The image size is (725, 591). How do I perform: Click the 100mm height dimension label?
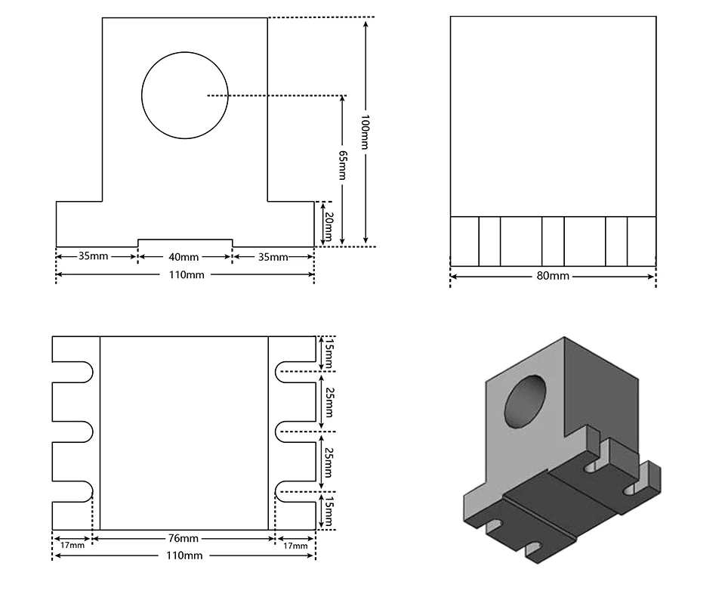coord(365,132)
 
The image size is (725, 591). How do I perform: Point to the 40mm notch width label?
coord(184,256)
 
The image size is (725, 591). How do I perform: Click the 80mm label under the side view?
coord(553,276)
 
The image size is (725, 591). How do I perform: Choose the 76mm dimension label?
coord(184,539)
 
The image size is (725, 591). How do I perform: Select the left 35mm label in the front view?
coord(94,256)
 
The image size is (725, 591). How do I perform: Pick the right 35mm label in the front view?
coord(273,257)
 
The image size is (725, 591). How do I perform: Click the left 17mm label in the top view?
coord(72,545)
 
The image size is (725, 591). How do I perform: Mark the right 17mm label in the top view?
coord(295,545)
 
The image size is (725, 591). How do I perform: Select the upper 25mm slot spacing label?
coord(329,402)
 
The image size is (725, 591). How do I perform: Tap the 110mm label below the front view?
coord(184,275)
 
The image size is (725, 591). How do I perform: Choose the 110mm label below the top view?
coord(184,556)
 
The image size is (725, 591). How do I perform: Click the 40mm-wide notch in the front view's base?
coord(184,243)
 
